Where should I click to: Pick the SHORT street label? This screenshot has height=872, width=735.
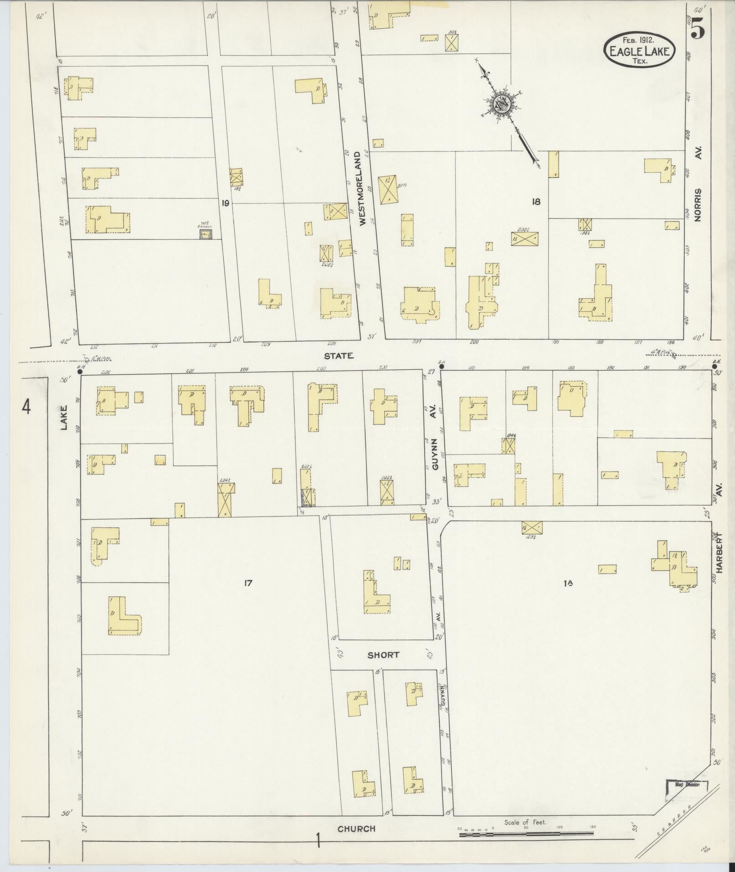coord(383,655)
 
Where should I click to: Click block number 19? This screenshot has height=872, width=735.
coord(225,203)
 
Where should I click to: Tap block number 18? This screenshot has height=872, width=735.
coord(536,201)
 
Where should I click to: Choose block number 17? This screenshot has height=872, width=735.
coord(248,582)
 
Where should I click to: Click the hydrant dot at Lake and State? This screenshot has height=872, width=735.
coord(80,372)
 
